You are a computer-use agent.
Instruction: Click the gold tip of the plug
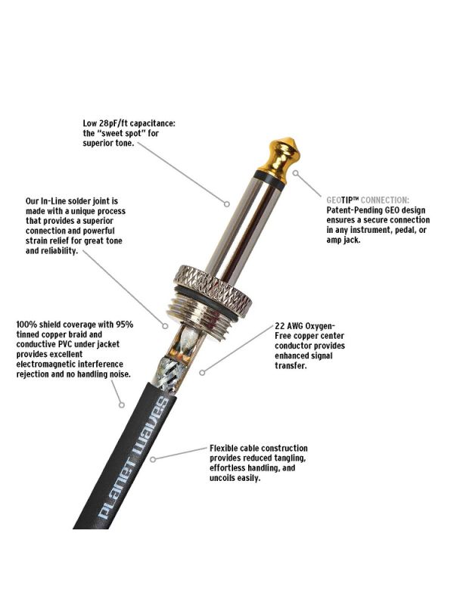[281, 157]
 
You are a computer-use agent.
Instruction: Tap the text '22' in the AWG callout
[280, 326]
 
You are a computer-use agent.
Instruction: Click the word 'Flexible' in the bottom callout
[223, 448]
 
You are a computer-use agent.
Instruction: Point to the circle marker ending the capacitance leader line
[227, 203]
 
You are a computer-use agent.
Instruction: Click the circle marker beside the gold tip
[295, 173]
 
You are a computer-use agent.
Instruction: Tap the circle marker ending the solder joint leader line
[165, 326]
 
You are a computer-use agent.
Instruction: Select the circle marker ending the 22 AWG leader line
[202, 372]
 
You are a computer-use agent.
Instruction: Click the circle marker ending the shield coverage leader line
[122, 405]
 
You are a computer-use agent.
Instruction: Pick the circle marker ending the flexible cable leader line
[154, 460]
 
